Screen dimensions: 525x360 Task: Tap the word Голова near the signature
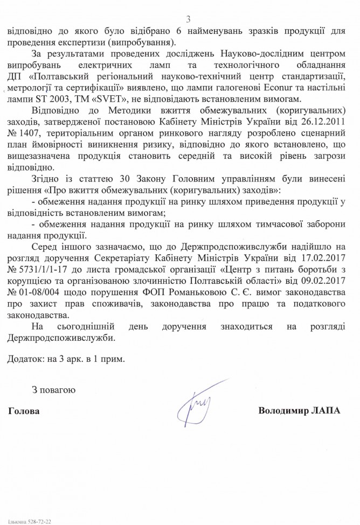pos(24,411)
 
